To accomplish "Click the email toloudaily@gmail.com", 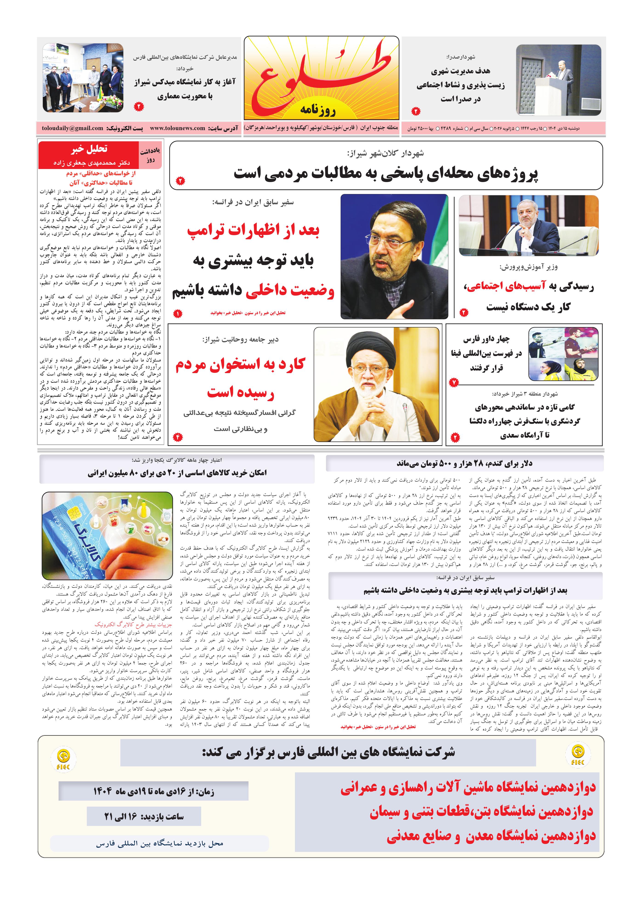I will tap(73, 128).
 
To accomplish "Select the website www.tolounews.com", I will tap(177, 128).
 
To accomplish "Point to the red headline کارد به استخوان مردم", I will tap(240, 365).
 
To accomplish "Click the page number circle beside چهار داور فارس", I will tap(454, 382).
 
